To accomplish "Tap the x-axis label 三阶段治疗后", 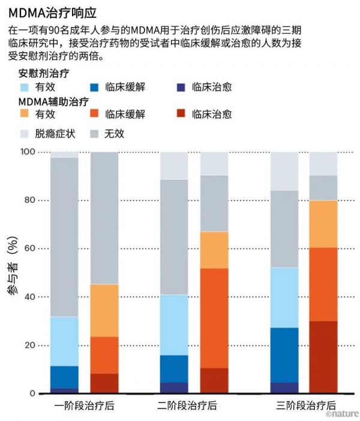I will pyautogui.click(x=306, y=406).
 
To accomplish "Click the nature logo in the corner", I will pyautogui.click(x=342, y=413).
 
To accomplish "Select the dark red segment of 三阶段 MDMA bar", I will pyautogui.click(x=323, y=357).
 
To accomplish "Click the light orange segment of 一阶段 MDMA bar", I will pyautogui.click(x=104, y=310).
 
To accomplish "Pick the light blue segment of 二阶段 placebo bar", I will pyautogui.click(x=174, y=324).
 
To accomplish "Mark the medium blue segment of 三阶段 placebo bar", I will pyautogui.click(x=285, y=354).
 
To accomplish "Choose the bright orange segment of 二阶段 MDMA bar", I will pyautogui.click(x=214, y=318).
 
